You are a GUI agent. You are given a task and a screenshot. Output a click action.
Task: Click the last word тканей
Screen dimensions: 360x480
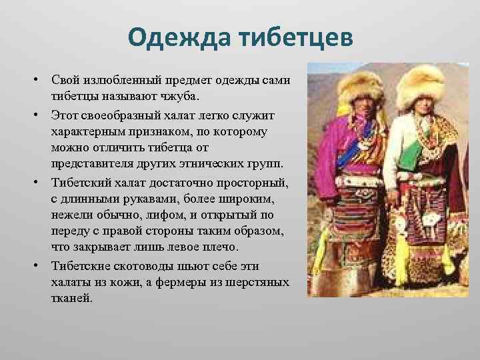point(70,298)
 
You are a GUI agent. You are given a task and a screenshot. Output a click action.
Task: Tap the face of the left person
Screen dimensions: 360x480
point(359,107)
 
